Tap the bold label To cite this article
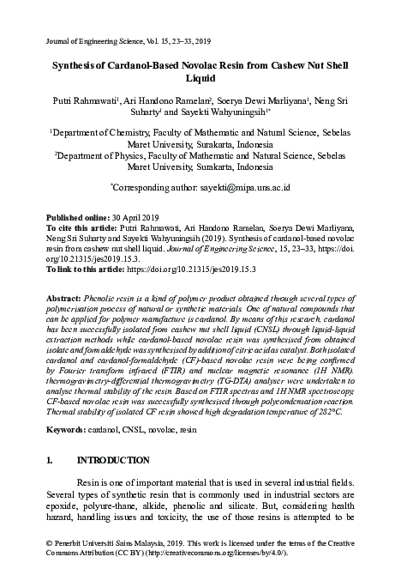(79, 229)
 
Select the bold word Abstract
(65, 294)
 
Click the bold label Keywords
(69, 427)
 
